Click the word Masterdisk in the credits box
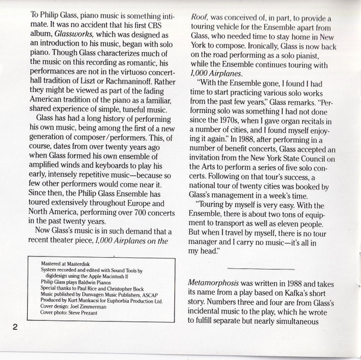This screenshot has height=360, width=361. pos(75,262)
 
